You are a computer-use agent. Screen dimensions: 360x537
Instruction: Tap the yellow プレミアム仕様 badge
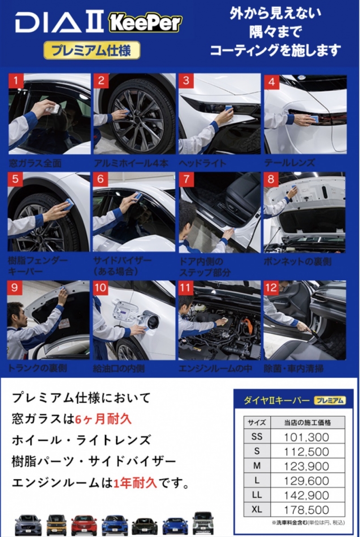pyautogui.click(x=92, y=50)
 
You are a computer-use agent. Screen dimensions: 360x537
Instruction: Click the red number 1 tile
pyautogui.click(x=16, y=81)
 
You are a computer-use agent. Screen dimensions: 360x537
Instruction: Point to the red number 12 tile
pyautogui.click(x=271, y=288)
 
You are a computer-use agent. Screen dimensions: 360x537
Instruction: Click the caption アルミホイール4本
pyautogui.click(x=131, y=163)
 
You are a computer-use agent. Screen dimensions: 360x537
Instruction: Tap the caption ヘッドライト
pyautogui.click(x=203, y=163)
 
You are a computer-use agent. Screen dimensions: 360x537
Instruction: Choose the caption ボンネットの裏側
pyautogui.click(x=297, y=261)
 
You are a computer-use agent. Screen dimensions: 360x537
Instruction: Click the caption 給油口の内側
pyautogui.click(x=119, y=368)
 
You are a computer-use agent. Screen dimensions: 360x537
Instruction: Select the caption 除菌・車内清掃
pyautogui.click(x=294, y=368)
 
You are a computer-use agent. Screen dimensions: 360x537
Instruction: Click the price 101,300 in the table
pyautogui.click(x=306, y=437)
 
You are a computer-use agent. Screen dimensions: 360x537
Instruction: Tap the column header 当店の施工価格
pyautogui.click(x=308, y=422)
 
